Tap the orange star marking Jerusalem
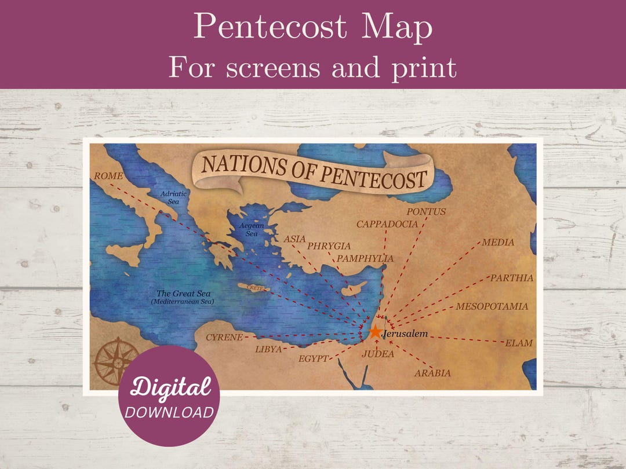(x=375, y=332)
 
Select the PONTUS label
(x=426, y=212)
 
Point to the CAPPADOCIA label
(x=387, y=224)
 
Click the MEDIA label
(x=498, y=242)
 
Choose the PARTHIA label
(x=512, y=278)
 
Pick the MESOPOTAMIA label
(x=492, y=306)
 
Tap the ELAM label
(x=519, y=343)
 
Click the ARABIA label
(x=432, y=373)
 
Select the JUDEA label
(x=378, y=354)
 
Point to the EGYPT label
(x=314, y=359)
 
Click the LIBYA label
(x=268, y=349)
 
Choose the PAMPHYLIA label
(x=365, y=259)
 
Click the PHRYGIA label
(x=329, y=246)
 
